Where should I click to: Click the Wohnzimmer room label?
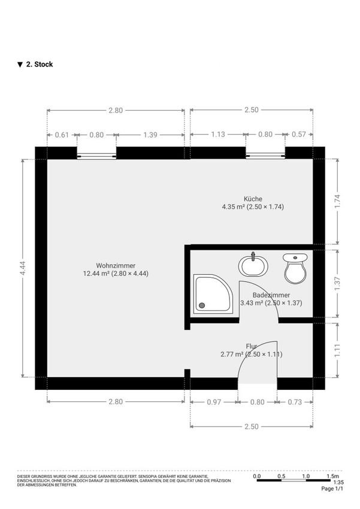[116, 265]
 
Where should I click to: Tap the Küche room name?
[253, 199]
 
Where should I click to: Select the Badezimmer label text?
[271, 295]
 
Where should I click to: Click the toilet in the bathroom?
[295, 268]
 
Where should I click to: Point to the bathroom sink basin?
[253, 265]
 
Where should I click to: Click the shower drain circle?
[202, 305]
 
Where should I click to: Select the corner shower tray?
[213, 294]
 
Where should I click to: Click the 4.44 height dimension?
[22, 268]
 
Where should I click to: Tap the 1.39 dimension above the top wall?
[150, 135]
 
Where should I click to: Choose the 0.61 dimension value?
[62, 135]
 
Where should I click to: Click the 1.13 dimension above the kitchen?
[218, 134]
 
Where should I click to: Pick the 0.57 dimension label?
[299, 134]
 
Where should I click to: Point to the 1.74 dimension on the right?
[337, 202]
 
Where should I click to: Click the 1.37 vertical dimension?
[337, 283]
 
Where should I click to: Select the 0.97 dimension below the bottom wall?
[214, 402]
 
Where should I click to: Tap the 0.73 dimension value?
[295, 402]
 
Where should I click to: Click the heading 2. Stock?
[40, 64]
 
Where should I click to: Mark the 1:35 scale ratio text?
[338, 483]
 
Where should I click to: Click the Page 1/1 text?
[332, 489]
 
